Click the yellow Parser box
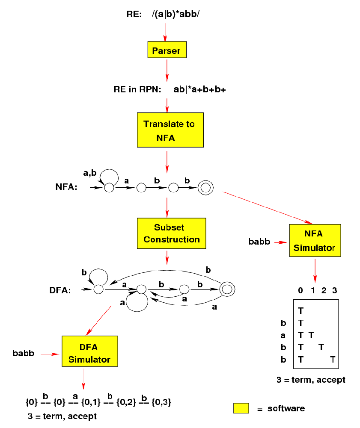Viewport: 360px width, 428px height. click(x=166, y=50)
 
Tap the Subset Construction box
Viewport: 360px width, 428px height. click(x=171, y=233)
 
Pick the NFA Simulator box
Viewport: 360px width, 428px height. click(x=315, y=240)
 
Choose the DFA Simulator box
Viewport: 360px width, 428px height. click(x=89, y=354)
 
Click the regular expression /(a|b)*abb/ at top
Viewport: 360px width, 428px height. click(x=176, y=14)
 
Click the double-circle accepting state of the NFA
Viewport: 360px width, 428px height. click(x=205, y=187)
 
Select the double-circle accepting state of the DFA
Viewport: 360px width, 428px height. click(x=227, y=289)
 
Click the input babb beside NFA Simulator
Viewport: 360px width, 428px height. click(x=259, y=242)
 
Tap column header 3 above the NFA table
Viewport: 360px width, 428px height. click(x=334, y=291)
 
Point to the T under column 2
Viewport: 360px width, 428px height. click(x=321, y=347)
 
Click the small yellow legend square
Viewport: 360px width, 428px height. click(x=241, y=408)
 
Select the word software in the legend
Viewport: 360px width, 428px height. click(x=286, y=408)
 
